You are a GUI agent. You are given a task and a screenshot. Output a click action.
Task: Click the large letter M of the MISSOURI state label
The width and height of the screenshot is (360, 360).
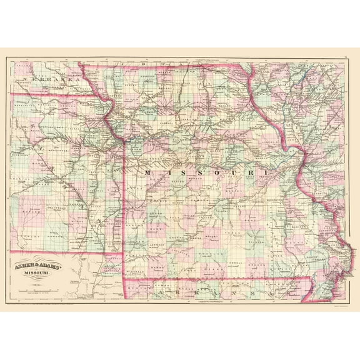point(147,171)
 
